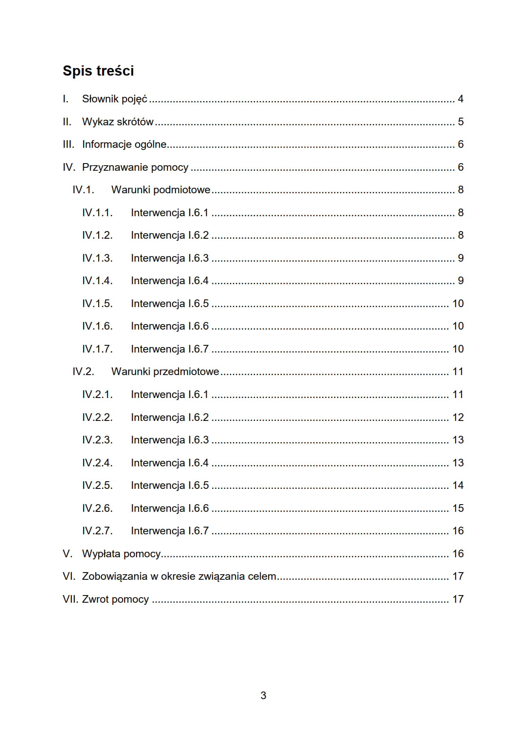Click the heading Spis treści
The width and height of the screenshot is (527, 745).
98,71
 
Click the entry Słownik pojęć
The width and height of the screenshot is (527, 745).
114,99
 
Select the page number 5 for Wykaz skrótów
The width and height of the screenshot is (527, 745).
460,122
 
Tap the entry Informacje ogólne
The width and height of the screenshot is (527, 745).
124,144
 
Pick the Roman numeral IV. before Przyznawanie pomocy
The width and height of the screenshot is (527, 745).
69,167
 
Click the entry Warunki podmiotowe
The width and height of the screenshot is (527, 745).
161,190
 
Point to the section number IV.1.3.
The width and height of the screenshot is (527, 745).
97,258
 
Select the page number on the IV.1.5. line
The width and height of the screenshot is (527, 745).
458,304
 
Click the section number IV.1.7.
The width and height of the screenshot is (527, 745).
97,349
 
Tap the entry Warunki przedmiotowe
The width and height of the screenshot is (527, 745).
165,372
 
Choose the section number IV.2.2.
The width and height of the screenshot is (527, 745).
97,418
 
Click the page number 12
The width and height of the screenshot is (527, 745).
458,418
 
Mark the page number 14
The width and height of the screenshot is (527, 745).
458,485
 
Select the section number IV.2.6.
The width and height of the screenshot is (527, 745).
97,508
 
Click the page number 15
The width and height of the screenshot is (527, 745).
458,508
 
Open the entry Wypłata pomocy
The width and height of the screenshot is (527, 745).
121,554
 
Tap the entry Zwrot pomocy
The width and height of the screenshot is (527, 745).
115,599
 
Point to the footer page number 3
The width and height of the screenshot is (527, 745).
263,695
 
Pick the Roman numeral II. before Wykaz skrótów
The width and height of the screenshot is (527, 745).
67,122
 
